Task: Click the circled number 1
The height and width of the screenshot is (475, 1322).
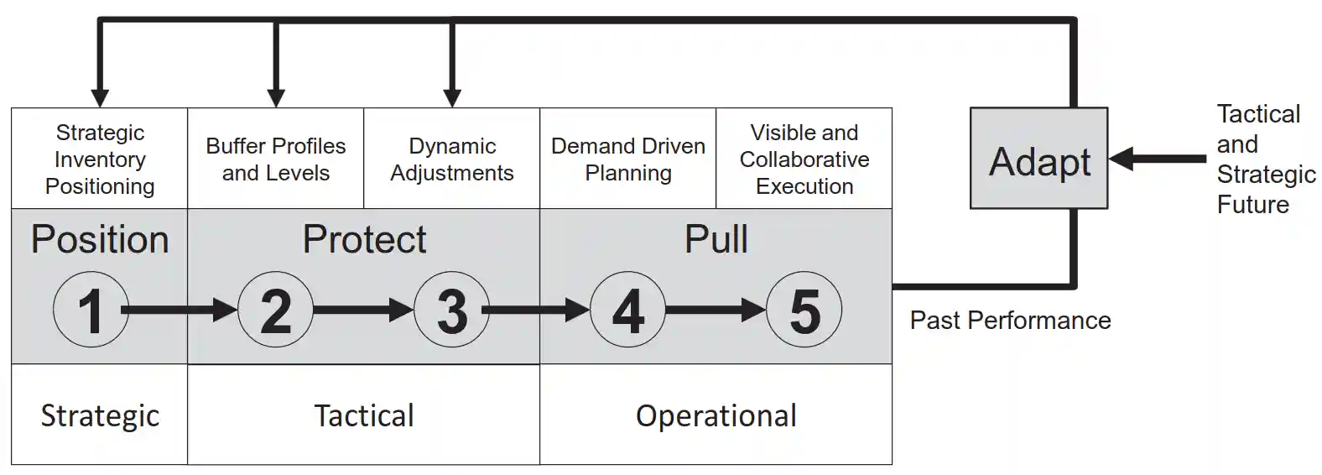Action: click(91, 310)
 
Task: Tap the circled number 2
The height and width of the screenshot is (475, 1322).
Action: click(275, 310)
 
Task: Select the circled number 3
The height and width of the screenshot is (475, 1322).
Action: click(451, 310)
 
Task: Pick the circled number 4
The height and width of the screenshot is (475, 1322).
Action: click(627, 310)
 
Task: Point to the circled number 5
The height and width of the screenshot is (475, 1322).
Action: click(804, 310)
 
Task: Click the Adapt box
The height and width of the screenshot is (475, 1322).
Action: click(1038, 159)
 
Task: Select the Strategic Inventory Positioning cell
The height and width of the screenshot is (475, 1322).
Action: click(100, 159)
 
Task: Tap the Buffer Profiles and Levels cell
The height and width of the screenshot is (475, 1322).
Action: click(275, 159)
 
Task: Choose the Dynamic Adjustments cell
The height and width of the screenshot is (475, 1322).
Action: click(451, 159)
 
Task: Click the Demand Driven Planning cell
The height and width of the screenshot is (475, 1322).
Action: click(627, 159)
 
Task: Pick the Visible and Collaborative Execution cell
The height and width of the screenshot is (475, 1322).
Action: click(804, 159)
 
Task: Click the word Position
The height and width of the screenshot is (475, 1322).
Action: click(100, 240)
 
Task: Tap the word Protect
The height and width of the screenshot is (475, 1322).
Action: click(364, 240)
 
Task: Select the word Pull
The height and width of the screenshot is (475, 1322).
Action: click(716, 240)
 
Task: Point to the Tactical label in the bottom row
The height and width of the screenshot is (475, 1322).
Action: click(364, 415)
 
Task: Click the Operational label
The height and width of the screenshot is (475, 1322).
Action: click(716, 415)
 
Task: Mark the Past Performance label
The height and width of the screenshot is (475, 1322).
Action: click(1010, 320)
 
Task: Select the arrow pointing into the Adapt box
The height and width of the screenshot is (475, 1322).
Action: click(1158, 158)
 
